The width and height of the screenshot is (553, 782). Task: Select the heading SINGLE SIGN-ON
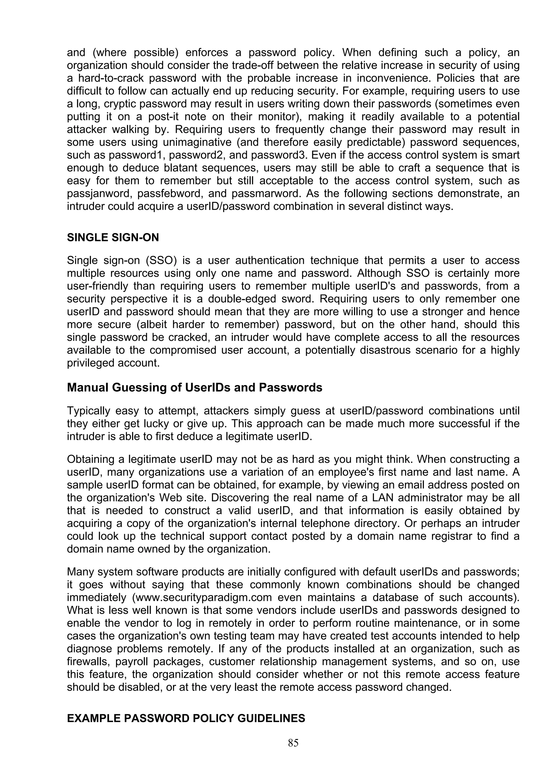[x=113, y=237]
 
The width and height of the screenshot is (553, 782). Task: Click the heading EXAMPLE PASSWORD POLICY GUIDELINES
[x=186, y=718]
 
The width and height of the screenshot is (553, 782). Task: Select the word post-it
[x=163, y=117]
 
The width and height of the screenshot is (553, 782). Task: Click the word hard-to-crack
[x=111, y=78]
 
